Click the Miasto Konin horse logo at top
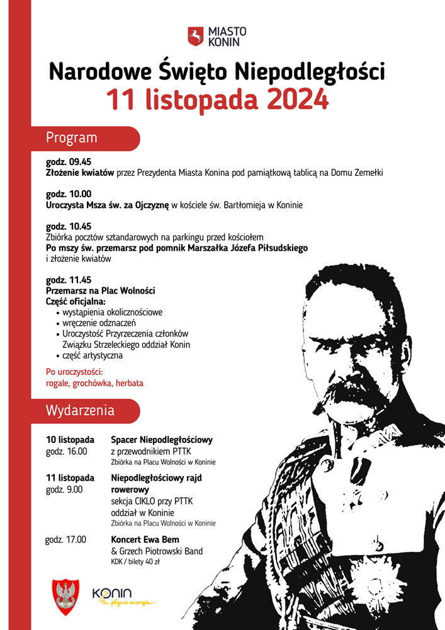196,36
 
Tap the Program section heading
72,138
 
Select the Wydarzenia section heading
80,411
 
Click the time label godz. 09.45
69,161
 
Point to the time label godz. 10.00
69,194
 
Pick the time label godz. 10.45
69,226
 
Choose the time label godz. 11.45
69,280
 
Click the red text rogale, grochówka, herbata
94,382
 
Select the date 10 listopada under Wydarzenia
70,439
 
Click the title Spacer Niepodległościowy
162,439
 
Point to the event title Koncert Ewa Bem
145,539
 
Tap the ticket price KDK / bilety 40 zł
135,562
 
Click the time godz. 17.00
66,539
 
